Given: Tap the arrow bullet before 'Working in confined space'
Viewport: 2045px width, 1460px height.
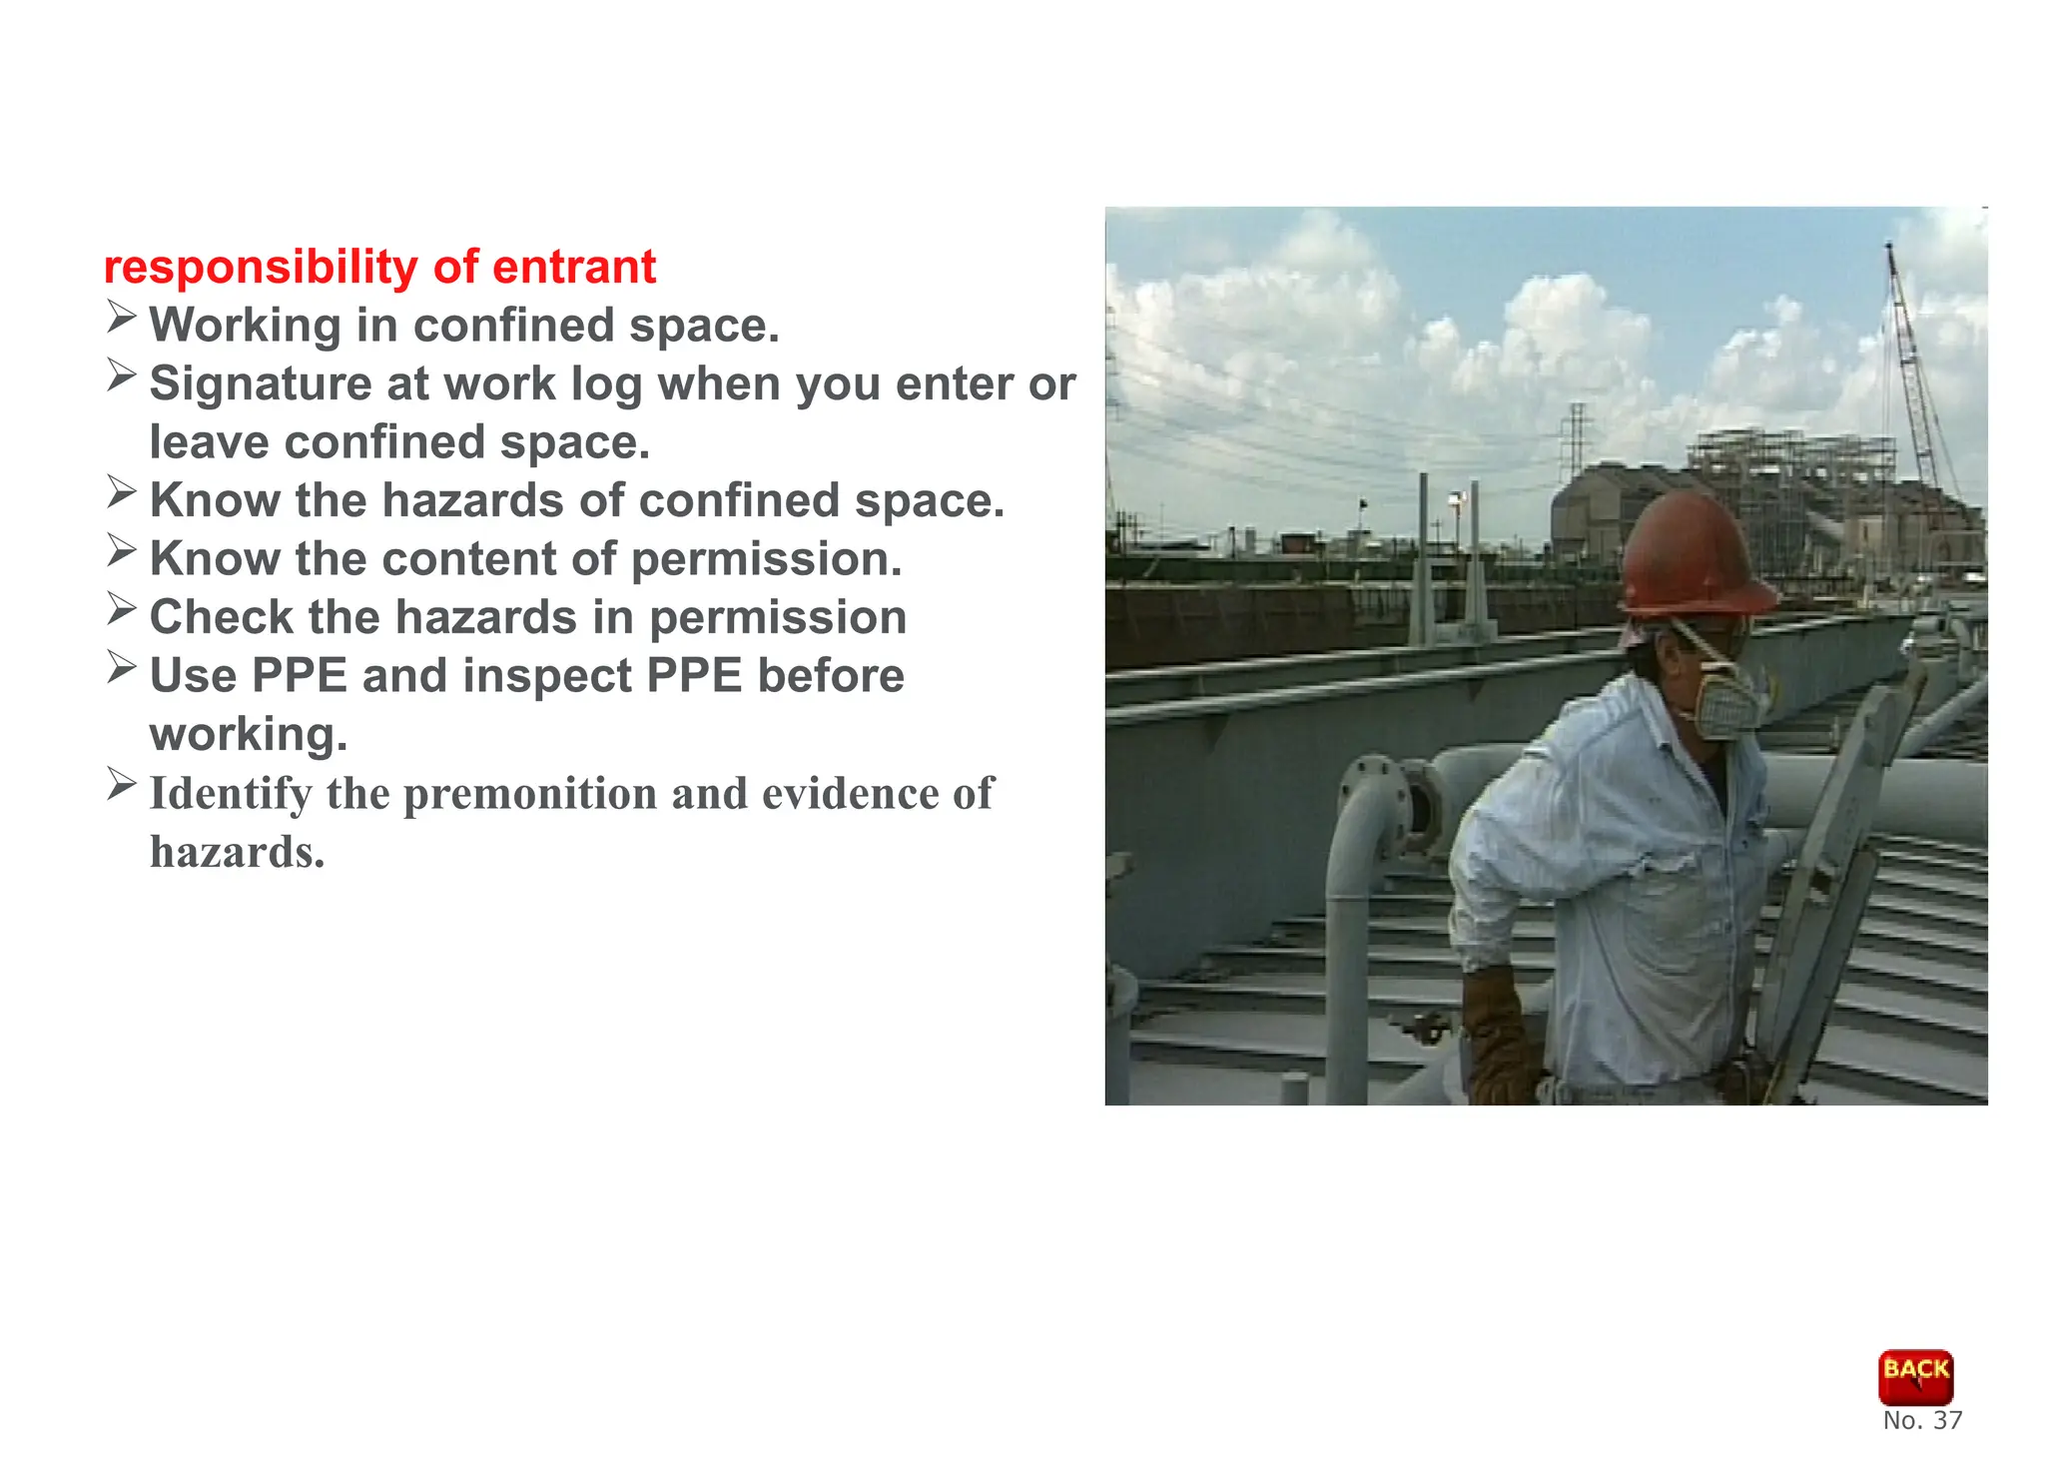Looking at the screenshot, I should (x=121, y=318).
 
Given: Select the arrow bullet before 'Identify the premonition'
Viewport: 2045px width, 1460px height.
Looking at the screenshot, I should (x=121, y=784).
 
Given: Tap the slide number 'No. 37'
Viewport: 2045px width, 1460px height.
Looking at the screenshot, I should (x=1921, y=1421).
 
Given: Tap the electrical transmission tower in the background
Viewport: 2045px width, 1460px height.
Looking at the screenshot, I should (x=1576, y=439).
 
